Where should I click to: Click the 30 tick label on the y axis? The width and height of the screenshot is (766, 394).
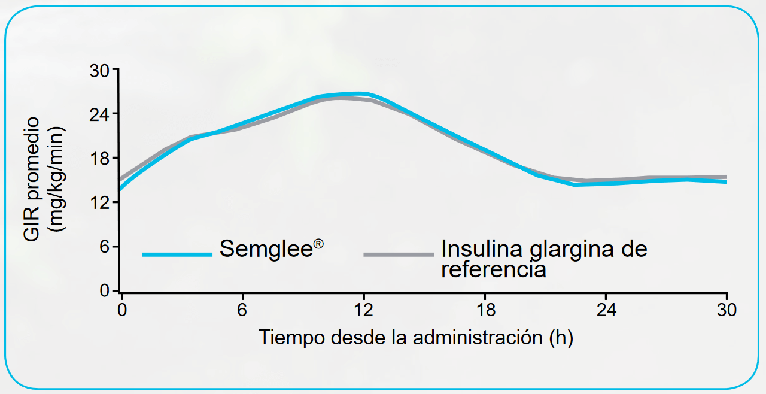pyautogui.click(x=100, y=71)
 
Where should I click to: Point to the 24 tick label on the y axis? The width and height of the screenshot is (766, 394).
pyautogui.click(x=100, y=114)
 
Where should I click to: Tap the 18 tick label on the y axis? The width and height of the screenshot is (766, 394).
pyautogui.click(x=100, y=159)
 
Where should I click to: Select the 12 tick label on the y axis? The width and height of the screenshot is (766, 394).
pyautogui.click(x=100, y=203)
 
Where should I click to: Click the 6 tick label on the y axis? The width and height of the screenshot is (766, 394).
pyautogui.click(x=105, y=247)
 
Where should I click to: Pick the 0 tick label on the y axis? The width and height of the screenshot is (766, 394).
pyautogui.click(x=105, y=291)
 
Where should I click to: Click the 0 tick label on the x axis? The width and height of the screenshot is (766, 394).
pyautogui.click(x=121, y=310)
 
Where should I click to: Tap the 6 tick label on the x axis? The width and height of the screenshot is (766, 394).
pyautogui.click(x=242, y=310)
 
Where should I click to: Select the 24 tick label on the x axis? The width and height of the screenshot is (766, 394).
pyautogui.click(x=606, y=310)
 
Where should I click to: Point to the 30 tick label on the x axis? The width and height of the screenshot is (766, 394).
pyautogui.click(x=727, y=310)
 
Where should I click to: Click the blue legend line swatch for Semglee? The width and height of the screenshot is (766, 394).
pyautogui.click(x=177, y=254)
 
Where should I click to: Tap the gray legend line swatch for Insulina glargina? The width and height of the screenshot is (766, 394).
pyautogui.click(x=399, y=254)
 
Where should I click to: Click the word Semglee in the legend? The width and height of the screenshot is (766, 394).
pyautogui.click(x=266, y=248)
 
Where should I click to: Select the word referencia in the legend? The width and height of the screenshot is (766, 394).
pyautogui.click(x=494, y=270)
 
